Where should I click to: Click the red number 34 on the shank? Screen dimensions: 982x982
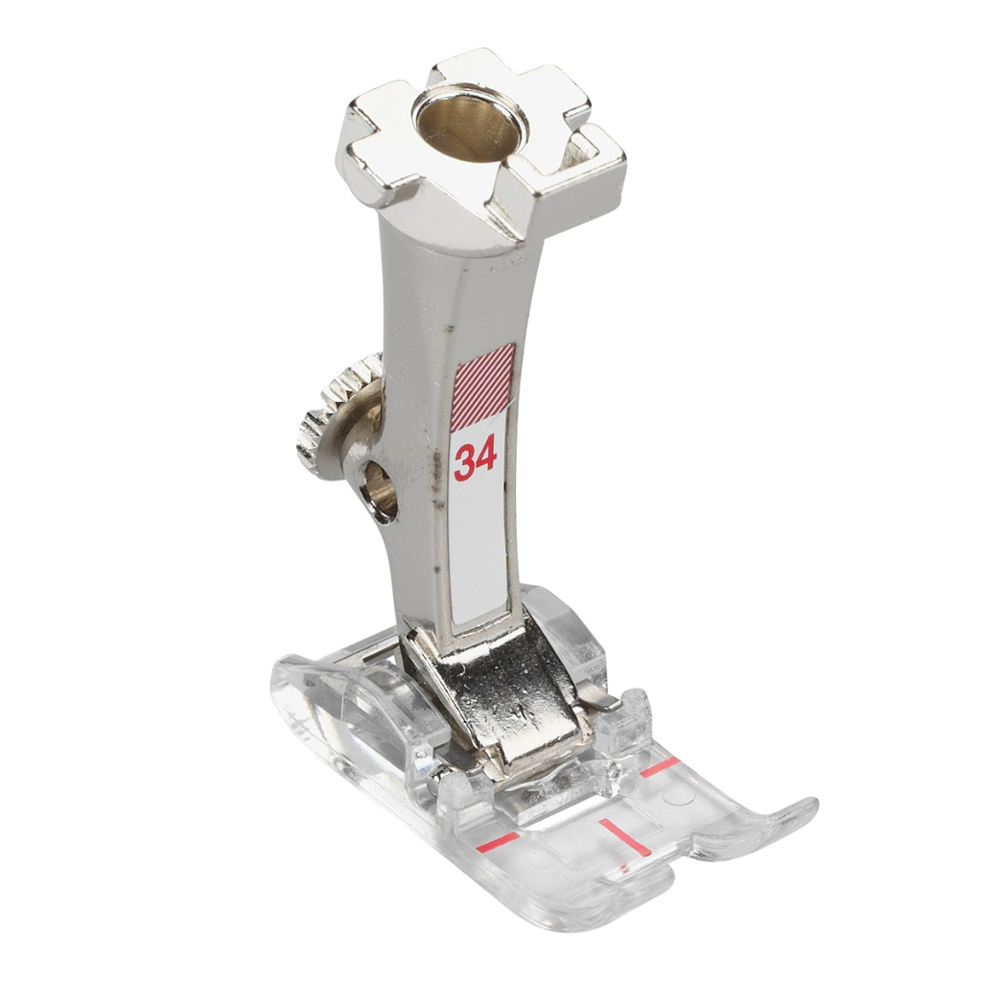(x=476, y=457)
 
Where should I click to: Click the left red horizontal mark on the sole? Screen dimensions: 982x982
(x=498, y=843)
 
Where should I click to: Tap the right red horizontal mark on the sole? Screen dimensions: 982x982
(x=660, y=766)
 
